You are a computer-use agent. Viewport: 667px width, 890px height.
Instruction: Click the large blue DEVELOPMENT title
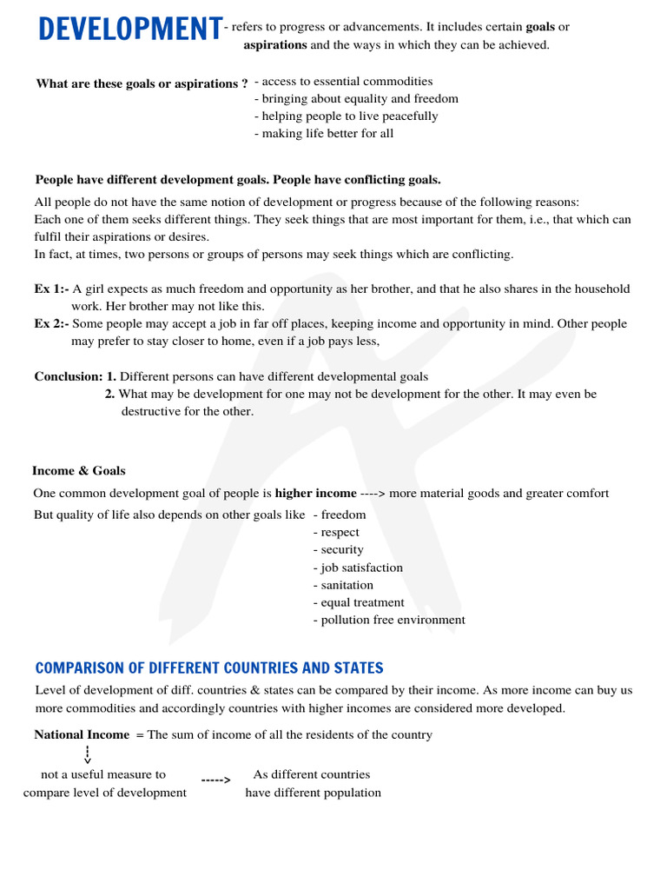click(x=129, y=30)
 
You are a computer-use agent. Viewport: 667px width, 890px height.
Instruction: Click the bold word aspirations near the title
click(x=275, y=45)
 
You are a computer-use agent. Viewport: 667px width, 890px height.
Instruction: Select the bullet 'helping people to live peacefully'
click(x=347, y=116)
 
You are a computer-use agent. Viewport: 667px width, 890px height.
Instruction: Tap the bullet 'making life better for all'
click(x=324, y=134)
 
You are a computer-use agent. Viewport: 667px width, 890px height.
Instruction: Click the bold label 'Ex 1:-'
click(x=51, y=289)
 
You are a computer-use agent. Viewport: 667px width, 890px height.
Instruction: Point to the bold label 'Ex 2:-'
click(x=51, y=324)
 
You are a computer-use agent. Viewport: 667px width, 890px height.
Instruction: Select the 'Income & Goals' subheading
click(x=79, y=471)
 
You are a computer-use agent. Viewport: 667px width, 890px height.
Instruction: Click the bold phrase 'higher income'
click(x=315, y=494)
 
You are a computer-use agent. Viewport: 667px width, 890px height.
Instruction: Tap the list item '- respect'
click(x=336, y=533)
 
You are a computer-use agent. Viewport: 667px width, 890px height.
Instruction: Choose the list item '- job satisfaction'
click(x=358, y=568)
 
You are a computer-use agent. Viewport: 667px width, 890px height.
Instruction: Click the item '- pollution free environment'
click(x=389, y=621)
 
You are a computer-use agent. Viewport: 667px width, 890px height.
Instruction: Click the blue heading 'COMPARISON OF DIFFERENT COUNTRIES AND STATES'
click(x=209, y=668)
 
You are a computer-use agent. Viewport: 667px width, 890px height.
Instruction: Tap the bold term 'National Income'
click(x=82, y=735)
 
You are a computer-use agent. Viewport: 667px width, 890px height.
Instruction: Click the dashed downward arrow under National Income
click(x=88, y=754)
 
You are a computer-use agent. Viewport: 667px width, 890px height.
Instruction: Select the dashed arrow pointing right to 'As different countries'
click(x=215, y=780)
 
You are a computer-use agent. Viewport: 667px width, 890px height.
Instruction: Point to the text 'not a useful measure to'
click(x=103, y=774)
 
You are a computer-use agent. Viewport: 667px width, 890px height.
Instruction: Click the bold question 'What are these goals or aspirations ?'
click(x=142, y=84)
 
